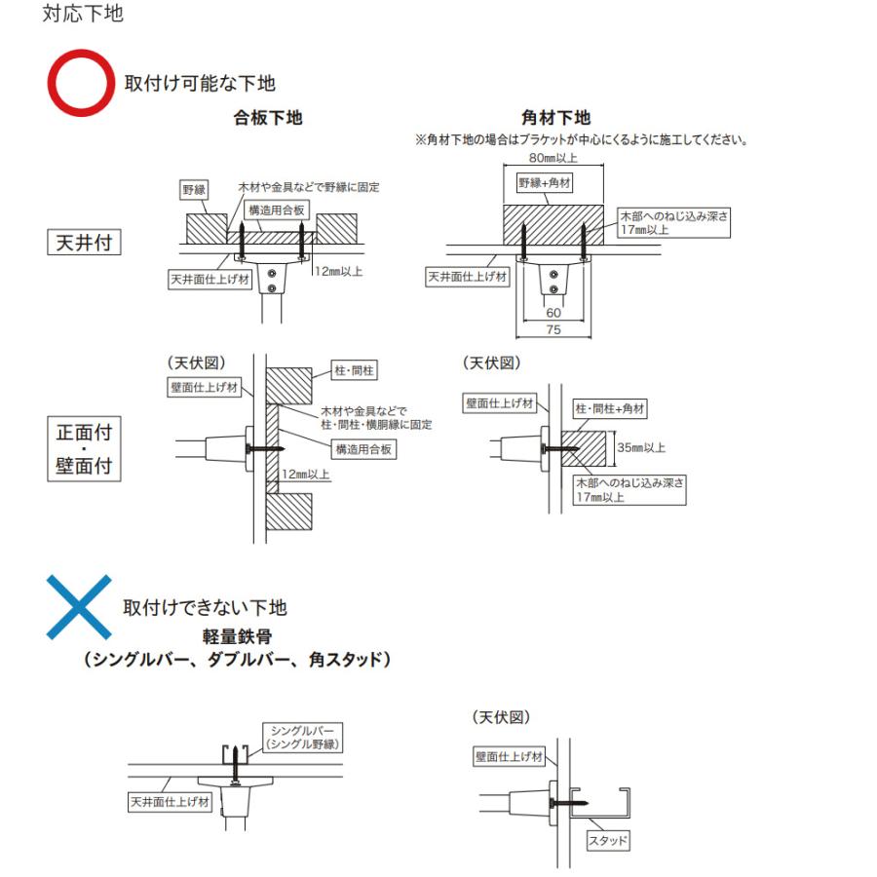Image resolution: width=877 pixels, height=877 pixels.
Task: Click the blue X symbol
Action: click(x=79, y=607)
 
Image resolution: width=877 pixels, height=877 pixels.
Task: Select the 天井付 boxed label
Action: click(x=84, y=243)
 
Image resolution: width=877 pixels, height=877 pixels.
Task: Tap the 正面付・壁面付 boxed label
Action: click(x=84, y=448)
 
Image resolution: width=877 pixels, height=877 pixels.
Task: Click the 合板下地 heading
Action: click(x=268, y=118)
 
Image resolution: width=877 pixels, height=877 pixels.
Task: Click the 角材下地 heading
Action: click(x=556, y=118)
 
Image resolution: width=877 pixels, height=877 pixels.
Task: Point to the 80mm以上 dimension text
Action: click(x=553, y=158)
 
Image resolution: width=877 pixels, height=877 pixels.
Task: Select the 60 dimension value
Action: click(x=553, y=313)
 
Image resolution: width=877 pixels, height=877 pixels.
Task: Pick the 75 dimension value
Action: click(x=553, y=329)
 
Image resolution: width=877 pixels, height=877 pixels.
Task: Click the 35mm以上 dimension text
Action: click(x=641, y=447)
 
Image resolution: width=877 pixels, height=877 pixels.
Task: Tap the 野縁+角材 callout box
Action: click(x=545, y=183)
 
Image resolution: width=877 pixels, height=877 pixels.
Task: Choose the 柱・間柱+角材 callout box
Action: click(x=610, y=409)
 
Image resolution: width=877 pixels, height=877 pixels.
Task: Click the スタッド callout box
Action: click(x=607, y=841)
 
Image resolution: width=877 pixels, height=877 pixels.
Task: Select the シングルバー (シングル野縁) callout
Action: click(x=303, y=738)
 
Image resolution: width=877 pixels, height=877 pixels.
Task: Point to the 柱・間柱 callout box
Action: click(x=354, y=370)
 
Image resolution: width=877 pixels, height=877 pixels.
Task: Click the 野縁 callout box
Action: click(x=194, y=190)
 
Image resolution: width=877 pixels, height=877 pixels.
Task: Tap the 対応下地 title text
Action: click(x=83, y=14)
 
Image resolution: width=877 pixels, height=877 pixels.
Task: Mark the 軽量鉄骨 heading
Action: click(x=237, y=636)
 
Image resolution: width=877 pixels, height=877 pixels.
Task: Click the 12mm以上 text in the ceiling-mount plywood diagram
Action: click(x=338, y=272)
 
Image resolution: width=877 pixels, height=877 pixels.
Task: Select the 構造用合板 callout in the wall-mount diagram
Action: click(x=363, y=449)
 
